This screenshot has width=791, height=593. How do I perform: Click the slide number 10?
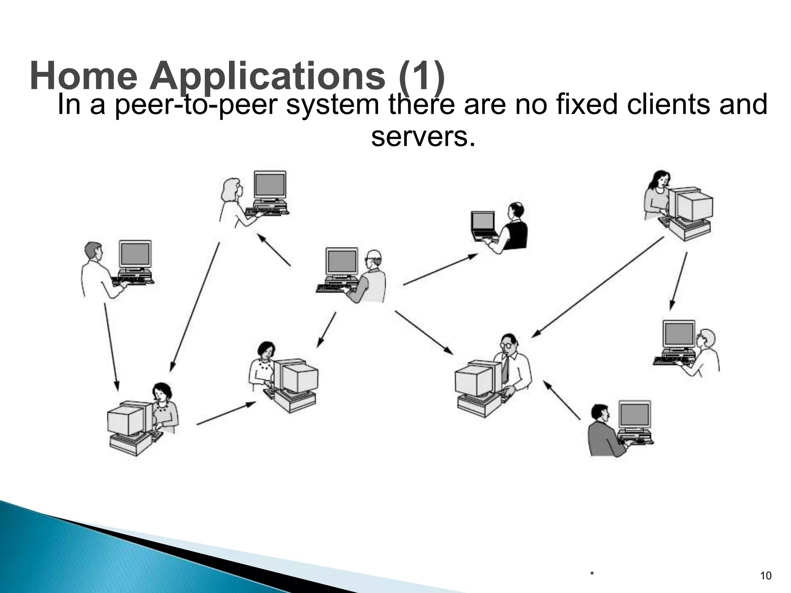tap(766, 576)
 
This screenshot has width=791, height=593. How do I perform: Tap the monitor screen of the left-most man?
tap(135, 255)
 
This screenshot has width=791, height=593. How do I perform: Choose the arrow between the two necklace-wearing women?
tap(226, 413)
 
